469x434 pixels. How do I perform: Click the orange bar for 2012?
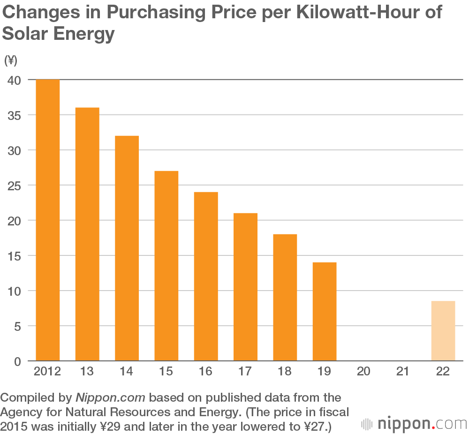coord(48,220)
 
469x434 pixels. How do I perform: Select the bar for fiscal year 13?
coord(87,234)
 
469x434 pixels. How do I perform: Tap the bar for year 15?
coord(166,266)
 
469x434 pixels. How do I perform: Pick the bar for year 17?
coord(245,287)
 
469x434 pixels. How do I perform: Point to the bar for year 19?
coord(325,312)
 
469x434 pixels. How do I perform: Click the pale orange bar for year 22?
coord(443,331)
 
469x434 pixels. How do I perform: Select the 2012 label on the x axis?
coord(48,372)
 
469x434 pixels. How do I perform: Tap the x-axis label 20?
coord(363,372)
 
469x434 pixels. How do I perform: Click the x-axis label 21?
coord(403,372)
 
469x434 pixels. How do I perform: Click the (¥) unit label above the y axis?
coord(10,60)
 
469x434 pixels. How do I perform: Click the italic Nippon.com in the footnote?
coord(111,398)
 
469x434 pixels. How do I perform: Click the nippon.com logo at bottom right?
coord(414,424)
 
